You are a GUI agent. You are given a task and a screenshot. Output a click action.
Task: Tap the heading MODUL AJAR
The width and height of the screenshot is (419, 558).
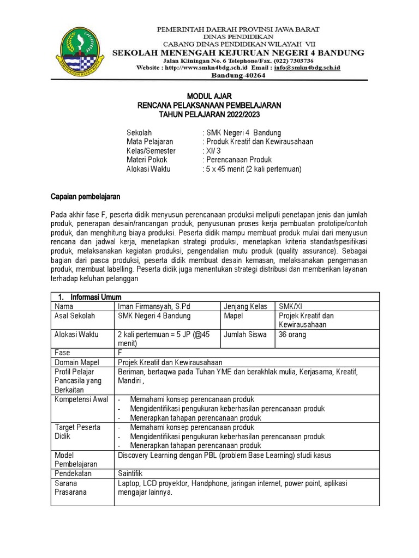209,96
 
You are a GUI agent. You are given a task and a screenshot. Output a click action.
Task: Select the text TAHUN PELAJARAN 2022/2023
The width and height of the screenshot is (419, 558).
209,114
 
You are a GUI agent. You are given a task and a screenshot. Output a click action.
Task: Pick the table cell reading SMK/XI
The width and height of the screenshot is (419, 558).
291,306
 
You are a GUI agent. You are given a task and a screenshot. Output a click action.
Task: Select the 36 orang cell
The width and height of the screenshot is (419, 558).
292,335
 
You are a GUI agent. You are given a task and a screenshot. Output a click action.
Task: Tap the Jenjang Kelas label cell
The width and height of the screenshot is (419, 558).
246,306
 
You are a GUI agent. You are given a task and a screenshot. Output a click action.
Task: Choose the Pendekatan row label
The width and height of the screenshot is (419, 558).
74,473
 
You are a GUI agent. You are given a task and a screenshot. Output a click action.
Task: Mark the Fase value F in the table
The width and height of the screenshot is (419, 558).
120,353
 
